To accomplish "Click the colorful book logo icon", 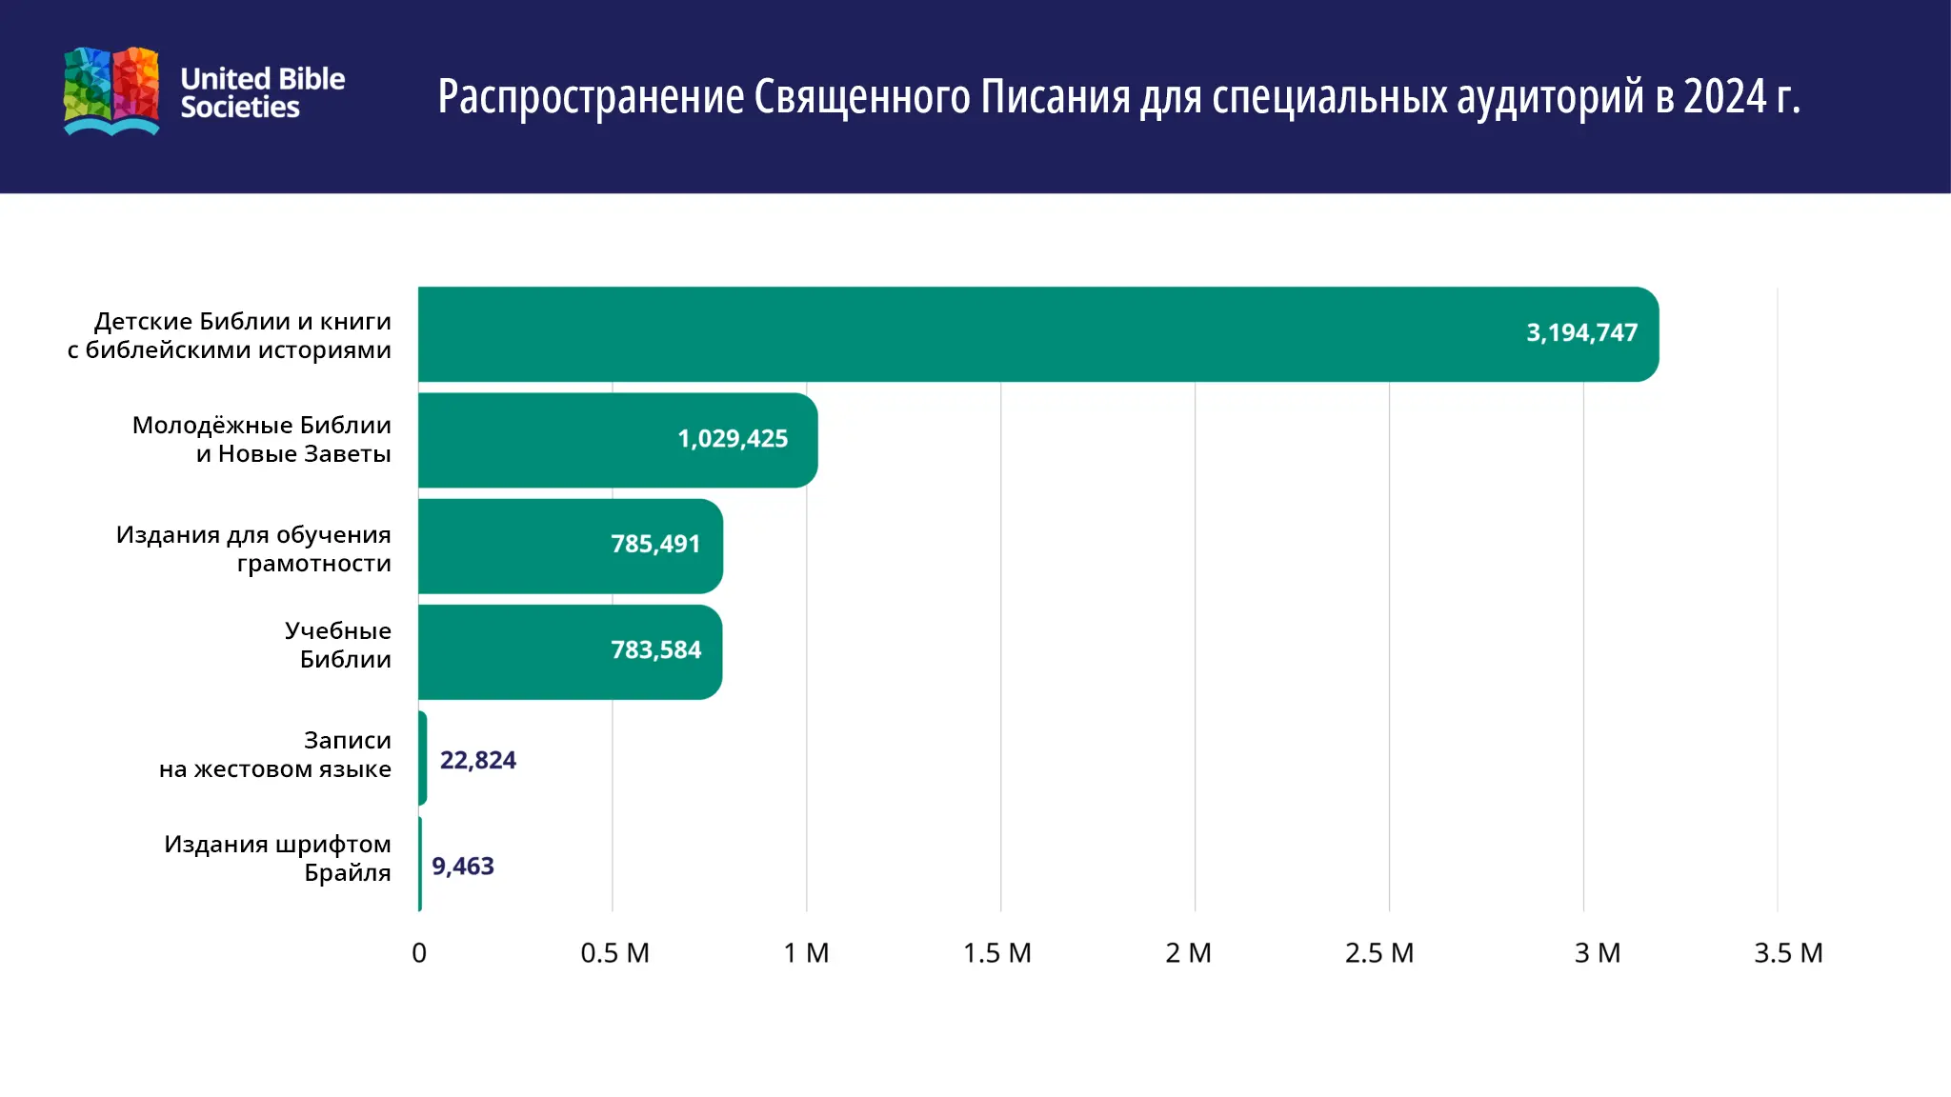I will click(111, 91).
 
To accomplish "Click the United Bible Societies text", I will click(262, 92).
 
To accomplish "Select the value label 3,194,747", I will click(1581, 333).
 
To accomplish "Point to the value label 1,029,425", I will click(733, 439).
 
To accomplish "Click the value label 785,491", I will click(655, 545).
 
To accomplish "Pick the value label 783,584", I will click(655, 650).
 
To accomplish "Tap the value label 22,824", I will click(477, 761).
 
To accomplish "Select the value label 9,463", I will click(463, 867).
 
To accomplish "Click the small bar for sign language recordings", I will click(422, 758).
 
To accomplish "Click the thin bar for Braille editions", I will click(420, 864).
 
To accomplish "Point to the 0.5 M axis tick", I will click(614, 953).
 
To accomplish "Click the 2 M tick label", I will click(1188, 953).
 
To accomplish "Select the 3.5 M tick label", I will click(1788, 953).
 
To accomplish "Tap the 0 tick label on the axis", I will click(419, 953).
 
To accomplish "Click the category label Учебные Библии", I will click(338, 646).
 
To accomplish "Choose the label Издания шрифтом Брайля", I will click(277, 859).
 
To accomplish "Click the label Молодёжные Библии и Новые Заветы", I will click(262, 440).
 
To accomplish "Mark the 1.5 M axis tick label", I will click(996, 953).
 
